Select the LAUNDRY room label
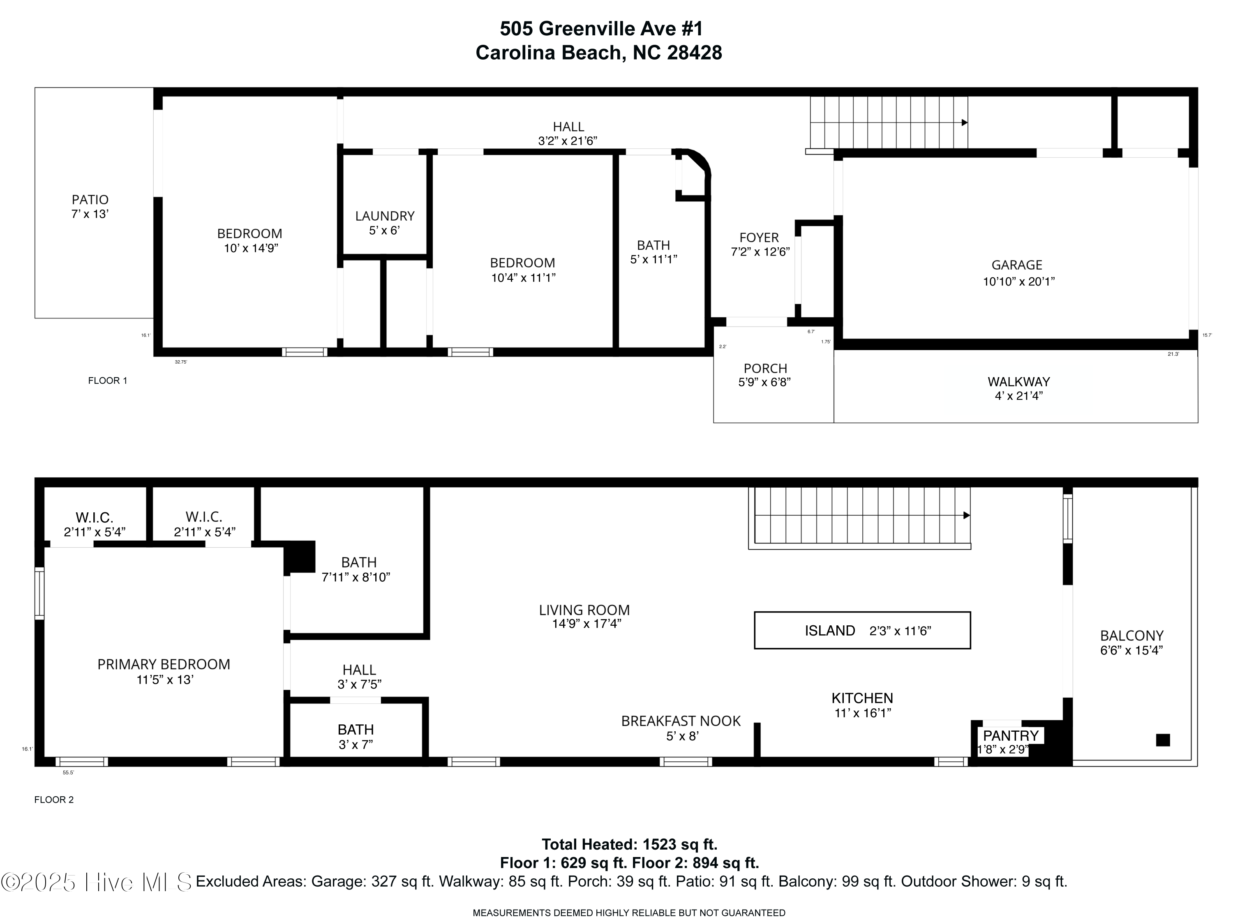[x=385, y=216]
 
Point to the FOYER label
[x=759, y=238]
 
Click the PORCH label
[x=765, y=369]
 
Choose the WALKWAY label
[x=1019, y=382]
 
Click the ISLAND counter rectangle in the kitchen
[x=862, y=630]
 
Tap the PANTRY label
[x=1011, y=736]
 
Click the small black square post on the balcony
[x=1163, y=740]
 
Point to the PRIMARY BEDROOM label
[x=164, y=664]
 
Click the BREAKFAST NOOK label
[x=681, y=721]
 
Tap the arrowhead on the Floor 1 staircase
[x=965, y=122]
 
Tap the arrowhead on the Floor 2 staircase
[x=967, y=516]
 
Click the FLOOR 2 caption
[x=54, y=800]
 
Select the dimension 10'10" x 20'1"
[x=1019, y=282]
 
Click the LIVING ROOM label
[x=584, y=610]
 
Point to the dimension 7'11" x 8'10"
[x=356, y=577]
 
